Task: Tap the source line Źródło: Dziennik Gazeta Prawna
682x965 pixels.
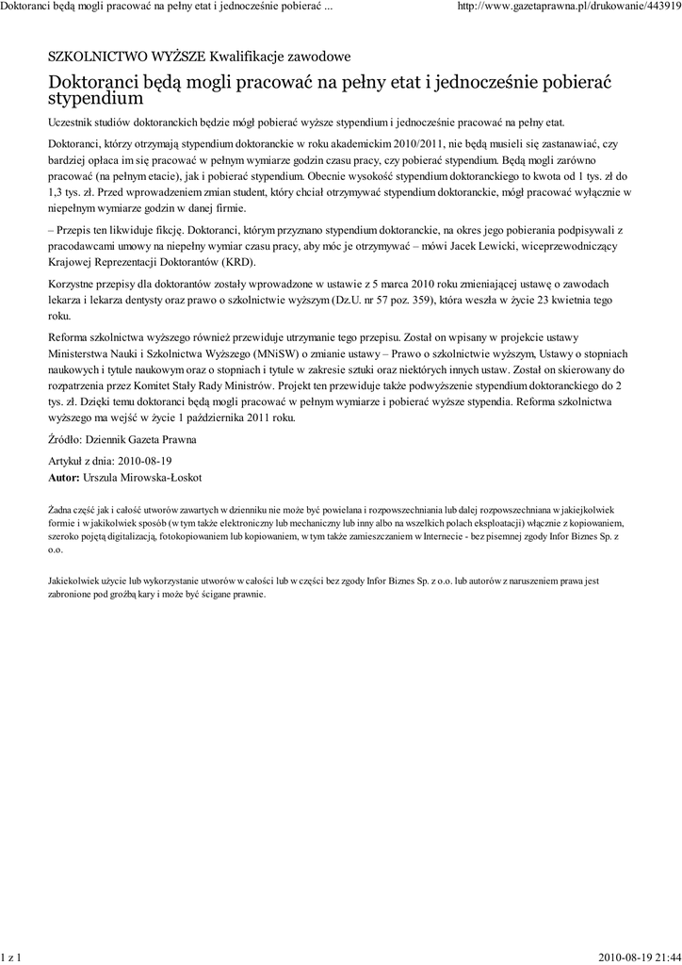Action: [122, 439]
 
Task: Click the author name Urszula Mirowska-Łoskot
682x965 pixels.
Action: [142, 478]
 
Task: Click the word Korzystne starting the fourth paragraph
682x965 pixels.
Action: [73, 284]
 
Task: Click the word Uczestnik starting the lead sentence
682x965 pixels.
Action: [72, 123]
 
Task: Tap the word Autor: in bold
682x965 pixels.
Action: [64, 478]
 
